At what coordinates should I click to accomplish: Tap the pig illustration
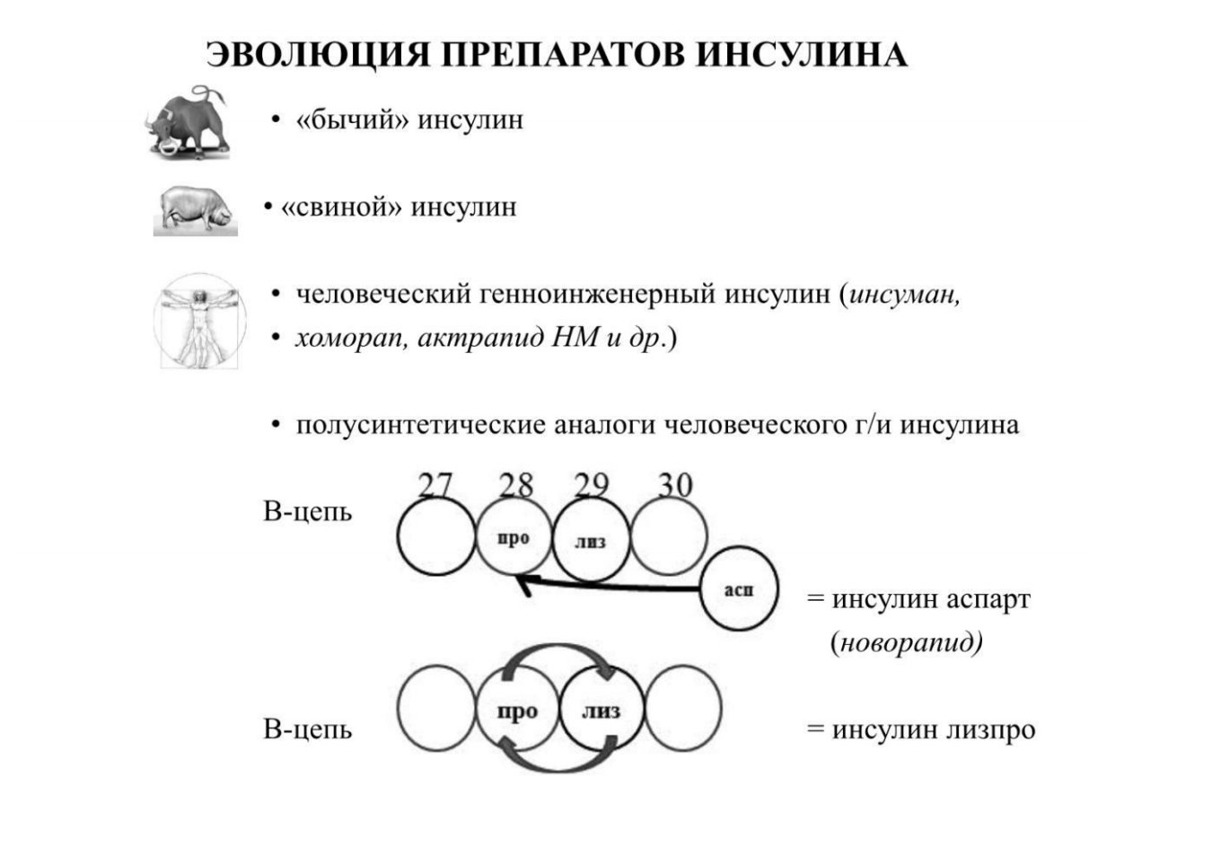[196, 210]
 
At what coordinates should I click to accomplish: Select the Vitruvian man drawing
[199, 321]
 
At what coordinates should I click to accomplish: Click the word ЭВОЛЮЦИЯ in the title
[317, 55]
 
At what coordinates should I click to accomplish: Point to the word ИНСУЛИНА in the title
[802, 55]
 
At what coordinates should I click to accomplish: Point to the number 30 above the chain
[675, 484]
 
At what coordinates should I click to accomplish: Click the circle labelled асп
[739, 588]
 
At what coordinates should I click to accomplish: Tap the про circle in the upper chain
[514, 537]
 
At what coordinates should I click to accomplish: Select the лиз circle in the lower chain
[602, 709]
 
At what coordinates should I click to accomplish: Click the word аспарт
[989, 600]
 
